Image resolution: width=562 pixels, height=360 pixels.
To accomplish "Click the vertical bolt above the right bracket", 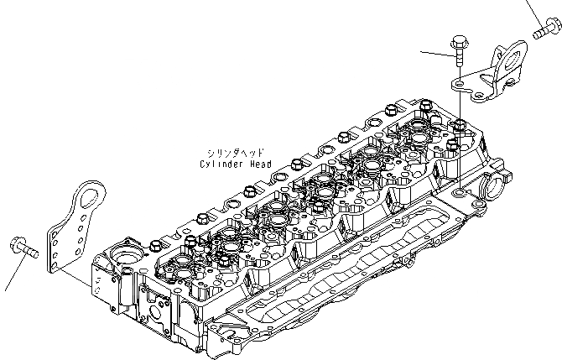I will pos(459,46).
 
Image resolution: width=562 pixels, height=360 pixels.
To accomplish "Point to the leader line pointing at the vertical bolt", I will pos(436,54).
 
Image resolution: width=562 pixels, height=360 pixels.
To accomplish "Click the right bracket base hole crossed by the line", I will pos(461,84).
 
